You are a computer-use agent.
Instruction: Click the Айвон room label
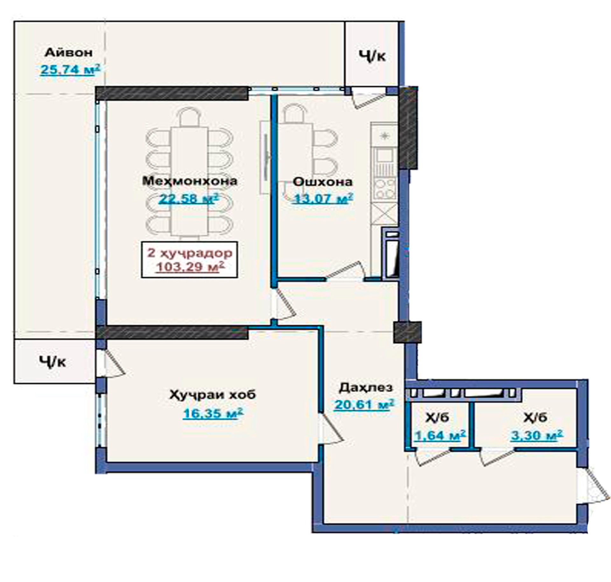point(68,53)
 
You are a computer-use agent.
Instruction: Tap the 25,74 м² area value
point(70,70)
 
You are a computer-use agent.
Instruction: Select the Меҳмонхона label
point(190,181)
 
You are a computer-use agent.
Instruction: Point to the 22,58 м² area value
point(189,198)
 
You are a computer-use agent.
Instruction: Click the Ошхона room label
point(322,182)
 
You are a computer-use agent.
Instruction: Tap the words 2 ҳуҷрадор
point(190,253)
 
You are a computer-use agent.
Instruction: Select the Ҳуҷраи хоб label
point(213,395)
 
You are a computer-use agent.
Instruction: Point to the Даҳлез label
point(366,387)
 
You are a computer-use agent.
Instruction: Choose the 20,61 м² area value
point(364,405)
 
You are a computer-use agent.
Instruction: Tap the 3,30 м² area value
point(537,435)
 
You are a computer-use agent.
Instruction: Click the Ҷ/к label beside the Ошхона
point(372,56)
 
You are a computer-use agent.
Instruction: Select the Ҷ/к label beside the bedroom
point(53,362)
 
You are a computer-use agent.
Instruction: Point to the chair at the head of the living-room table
point(190,117)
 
